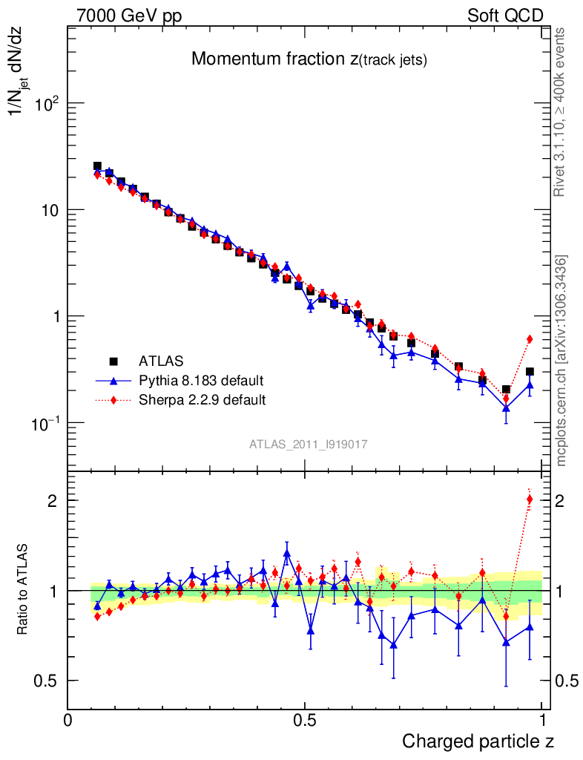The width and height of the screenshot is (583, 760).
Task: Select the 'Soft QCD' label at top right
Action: pos(505,16)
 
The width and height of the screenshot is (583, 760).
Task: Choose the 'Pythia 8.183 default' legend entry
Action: pos(201,381)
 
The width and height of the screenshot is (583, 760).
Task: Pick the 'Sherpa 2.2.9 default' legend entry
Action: pos(202,401)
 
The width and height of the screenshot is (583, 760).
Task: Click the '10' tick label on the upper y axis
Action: pos(50,210)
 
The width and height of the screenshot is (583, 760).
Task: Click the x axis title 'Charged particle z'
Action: pos(478,741)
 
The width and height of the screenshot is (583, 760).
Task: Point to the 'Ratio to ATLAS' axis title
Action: pos(24,591)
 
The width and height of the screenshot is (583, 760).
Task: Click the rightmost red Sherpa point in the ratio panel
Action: pos(530,499)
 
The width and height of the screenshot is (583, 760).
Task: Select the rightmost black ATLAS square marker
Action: pos(530,372)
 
